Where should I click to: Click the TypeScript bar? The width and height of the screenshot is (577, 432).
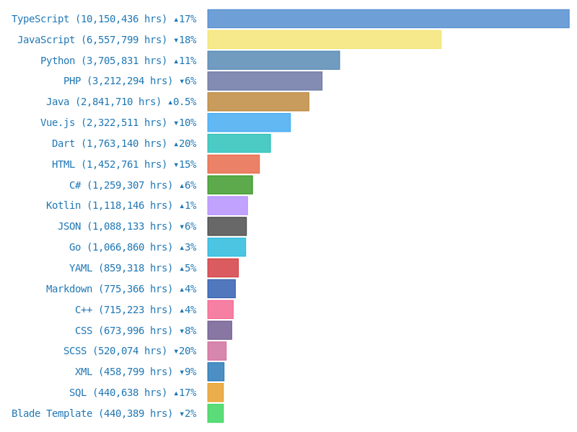point(388,19)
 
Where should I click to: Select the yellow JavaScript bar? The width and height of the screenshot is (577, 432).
point(324,40)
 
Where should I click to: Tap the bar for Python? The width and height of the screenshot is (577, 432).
point(273,60)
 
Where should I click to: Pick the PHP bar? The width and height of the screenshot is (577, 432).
point(265,81)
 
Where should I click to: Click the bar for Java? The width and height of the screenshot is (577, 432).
point(258,102)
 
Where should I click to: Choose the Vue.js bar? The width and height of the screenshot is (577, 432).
point(249,122)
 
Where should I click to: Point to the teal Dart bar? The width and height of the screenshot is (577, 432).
point(239,143)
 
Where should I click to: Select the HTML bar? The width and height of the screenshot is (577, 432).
point(233,164)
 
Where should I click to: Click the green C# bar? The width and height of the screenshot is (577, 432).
point(230,185)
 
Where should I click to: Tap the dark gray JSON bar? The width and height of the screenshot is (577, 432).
point(226,226)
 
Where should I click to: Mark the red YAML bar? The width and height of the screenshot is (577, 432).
point(223,268)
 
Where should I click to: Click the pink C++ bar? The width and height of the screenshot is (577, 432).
point(220,310)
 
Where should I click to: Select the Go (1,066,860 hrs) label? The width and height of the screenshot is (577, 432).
point(121,248)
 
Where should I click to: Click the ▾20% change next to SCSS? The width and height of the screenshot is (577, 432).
point(185,351)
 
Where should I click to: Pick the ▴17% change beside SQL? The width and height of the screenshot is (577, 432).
point(185,393)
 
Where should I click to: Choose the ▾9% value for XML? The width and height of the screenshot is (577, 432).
point(188,372)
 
